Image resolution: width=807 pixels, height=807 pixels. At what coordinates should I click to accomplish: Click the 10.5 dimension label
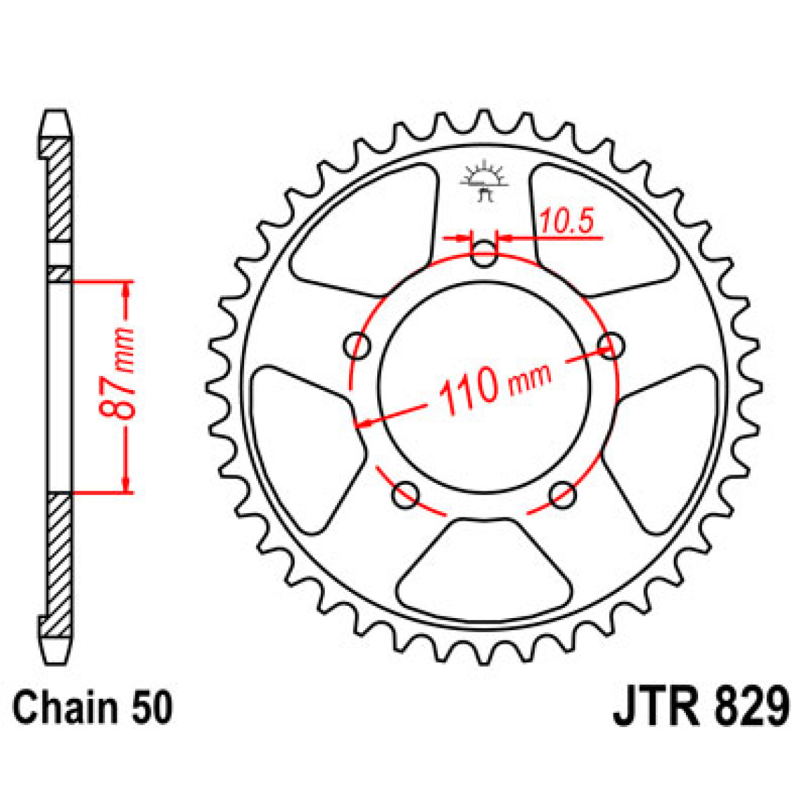click(x=566, y=221)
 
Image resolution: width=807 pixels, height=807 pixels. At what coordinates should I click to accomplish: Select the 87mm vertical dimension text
click(x=120, y=374)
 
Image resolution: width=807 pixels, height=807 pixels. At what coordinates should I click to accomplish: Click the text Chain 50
click(x=92, y=708)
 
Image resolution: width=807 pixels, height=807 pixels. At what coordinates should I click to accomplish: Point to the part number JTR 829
click(x=701, y=707)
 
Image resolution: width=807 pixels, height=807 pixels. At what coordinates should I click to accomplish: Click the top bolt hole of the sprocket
click(x=484, y=254)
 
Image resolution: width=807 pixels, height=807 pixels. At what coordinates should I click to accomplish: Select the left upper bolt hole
click(x=358, y=347)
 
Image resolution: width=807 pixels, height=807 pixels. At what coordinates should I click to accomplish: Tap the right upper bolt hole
click(x=611, y=346)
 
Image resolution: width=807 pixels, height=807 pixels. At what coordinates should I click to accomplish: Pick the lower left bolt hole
click(x=405, y=494)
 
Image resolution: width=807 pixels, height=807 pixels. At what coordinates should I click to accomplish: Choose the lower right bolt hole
click(x=563, y=494)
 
